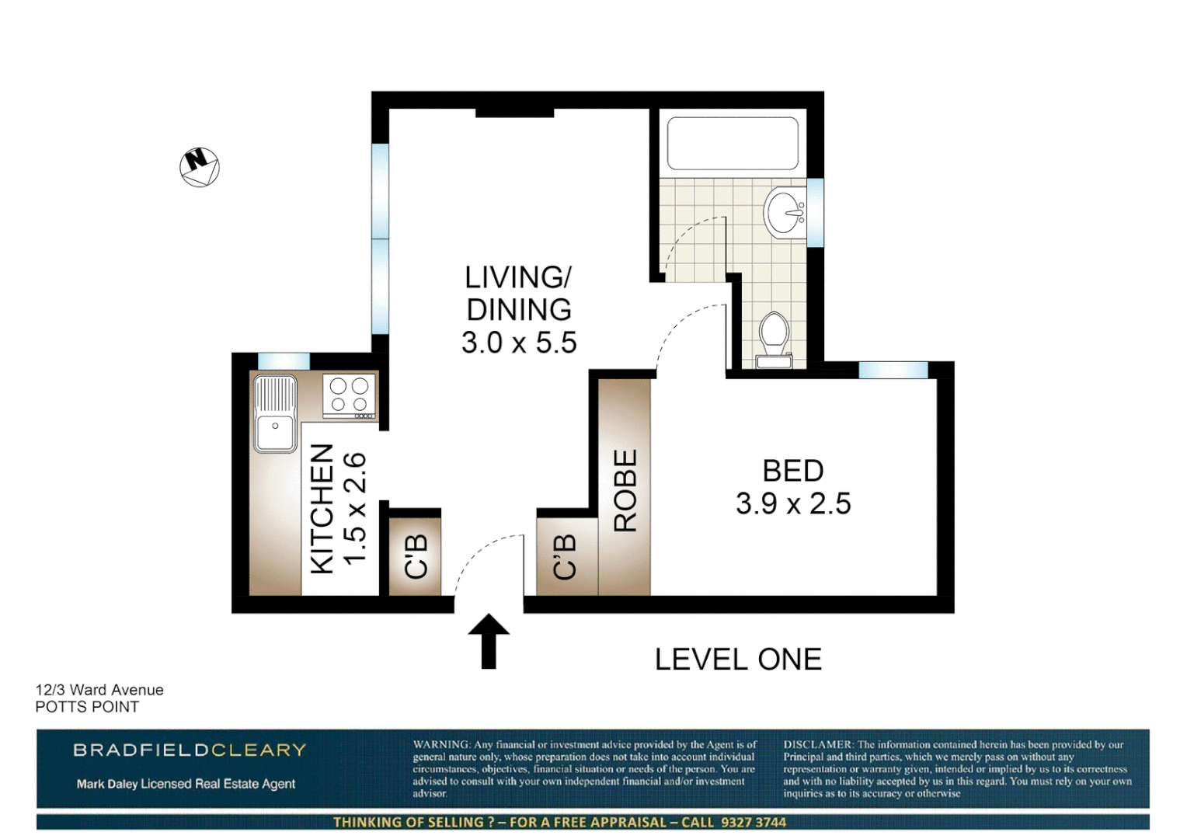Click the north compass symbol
200,167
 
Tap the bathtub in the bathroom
733,144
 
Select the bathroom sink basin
785,211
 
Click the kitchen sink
275,413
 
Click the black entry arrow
489,641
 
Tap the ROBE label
625,490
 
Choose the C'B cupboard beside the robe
565,556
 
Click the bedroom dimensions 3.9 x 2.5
793,504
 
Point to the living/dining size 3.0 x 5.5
519,343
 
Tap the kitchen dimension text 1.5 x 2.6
354,508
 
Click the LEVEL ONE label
738,660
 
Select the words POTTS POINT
87,707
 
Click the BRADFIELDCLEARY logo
190,750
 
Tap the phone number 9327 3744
753,822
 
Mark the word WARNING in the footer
441,744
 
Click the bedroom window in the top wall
893,370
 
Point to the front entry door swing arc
478,555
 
